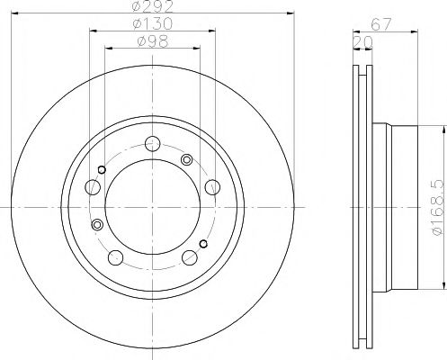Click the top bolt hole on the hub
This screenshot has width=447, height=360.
click(x=153, y=141)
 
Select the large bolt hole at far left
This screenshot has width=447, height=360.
click(x=93, y=188)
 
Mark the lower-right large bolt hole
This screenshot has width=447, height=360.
click(x=190, y=258)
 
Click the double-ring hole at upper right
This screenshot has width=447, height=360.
click(x=187, y=159)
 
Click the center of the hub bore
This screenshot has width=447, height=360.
click(x=152, y=205)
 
